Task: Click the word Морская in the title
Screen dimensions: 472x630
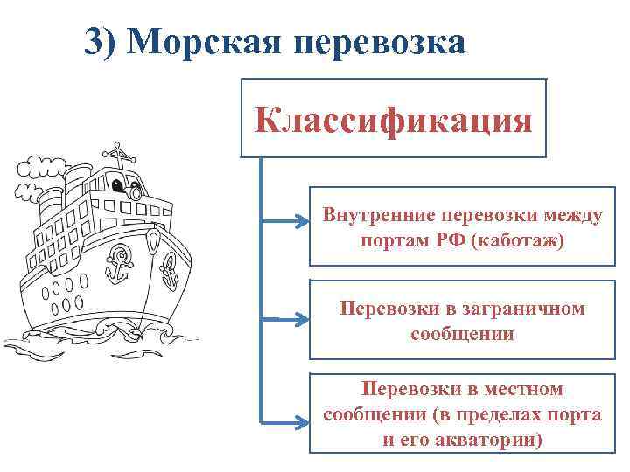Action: (211, 41)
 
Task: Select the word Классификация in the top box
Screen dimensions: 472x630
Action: (394, 118)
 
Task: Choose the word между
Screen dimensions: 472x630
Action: (568, 214)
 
